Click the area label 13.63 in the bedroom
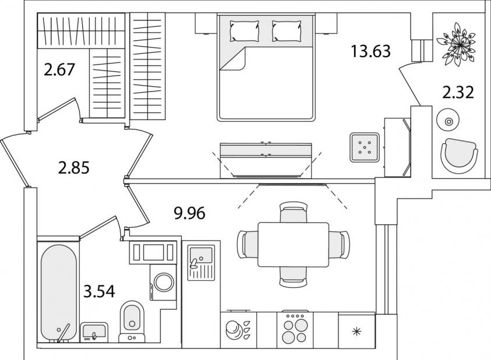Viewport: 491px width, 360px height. click(371, 51)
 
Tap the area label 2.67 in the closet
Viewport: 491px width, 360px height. click(59, 69)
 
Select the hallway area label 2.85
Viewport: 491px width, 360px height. click(74, 168)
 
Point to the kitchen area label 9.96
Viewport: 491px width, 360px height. click(189, 213)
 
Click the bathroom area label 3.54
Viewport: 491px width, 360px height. click(99, 291)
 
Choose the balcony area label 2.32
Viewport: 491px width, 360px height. click(458, 93)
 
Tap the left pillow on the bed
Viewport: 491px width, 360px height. click(245, 31)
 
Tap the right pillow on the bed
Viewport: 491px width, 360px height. click(287, 31)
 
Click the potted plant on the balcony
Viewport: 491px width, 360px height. click(456, 47)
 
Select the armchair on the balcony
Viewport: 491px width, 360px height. click(459, 156)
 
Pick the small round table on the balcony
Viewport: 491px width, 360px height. click(448, 121)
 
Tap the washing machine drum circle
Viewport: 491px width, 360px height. click(164, 281)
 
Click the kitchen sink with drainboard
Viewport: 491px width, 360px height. click(201, 262)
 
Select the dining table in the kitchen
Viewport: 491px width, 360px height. click(294, 245)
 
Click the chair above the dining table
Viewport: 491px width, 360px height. click(293, 212)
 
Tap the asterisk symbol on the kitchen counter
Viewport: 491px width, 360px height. click(356, 331)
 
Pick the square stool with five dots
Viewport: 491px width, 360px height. click(365, 147)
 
